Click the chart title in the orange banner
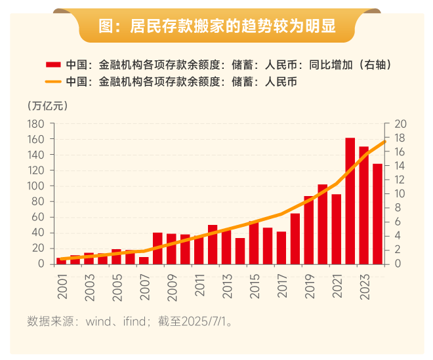click(x=216, y=26)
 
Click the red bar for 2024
click(x=377, y=213)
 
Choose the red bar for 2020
click(x=322, y=224)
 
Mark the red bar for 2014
click(x=240, y=250)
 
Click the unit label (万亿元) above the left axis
click(x=47, y=105)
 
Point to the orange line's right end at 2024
click(x=386, y=141)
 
